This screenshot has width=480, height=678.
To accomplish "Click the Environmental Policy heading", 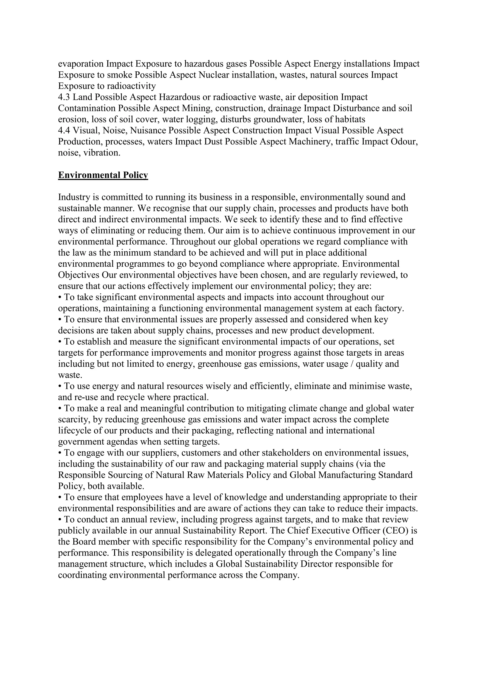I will (x=103, y=175).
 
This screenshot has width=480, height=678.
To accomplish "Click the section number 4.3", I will (x=64, y=97).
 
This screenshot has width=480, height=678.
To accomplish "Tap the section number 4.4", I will (x=64, y=131).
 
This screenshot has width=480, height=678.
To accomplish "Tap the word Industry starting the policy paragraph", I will (x=75, y=197).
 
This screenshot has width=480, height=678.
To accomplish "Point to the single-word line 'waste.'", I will (x=70, y=375).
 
